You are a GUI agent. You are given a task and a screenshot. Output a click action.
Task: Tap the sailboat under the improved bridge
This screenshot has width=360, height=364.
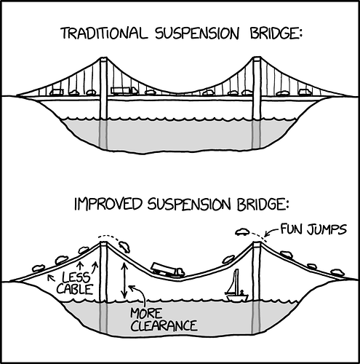pyautogui.click(x=236, y=289)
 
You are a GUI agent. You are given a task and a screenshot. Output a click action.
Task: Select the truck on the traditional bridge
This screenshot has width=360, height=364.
pyautogui.click(x=123, y=91)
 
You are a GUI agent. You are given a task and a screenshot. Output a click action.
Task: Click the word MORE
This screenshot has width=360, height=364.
pyautogui.click(x=146, y=314)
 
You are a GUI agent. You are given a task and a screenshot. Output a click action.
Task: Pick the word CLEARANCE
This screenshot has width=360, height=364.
pyautogui.click(x=163, y=326)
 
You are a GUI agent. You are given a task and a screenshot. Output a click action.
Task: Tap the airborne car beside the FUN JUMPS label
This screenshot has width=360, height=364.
pyautogui.click(x=242, y=232)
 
